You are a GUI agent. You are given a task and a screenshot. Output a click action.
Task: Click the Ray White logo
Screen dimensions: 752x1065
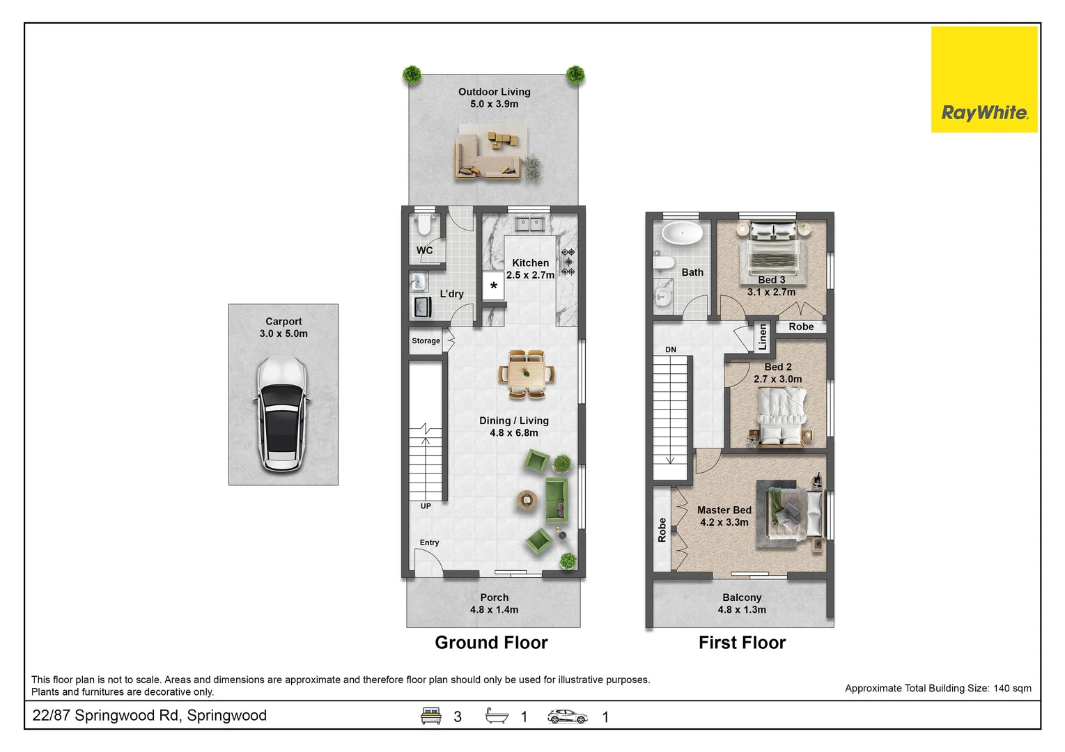click(x=984, y=79)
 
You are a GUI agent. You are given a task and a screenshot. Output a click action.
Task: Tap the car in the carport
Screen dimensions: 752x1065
click(x=282, y=414)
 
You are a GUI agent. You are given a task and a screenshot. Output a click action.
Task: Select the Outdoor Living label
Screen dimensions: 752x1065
click(x=494, y=91)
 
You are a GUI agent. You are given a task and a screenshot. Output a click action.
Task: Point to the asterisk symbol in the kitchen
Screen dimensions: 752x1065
click(x=493, y=286)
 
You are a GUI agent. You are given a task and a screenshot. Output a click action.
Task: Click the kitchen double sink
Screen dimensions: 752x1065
click(x=529, y=224)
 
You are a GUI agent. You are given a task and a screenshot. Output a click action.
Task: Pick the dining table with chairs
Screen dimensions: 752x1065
click(x=527, y=374)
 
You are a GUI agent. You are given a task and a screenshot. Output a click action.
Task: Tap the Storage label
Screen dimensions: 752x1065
click(x=426, y=341)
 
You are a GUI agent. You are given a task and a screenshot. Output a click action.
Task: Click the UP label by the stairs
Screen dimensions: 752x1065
click(x=426, y=506)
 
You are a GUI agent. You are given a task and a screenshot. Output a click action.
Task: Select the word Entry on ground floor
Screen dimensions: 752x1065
click(x=429, y=542)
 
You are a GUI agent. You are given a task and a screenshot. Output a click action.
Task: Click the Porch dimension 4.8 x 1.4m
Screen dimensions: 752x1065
click(x=494, y=610)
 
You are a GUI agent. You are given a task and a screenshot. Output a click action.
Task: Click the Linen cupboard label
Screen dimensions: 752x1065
click(x=763, y=337)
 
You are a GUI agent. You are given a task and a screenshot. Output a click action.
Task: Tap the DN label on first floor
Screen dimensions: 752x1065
click(x=670, y=350)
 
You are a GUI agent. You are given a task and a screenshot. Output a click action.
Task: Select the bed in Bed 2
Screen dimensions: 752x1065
click(x=782, y=416)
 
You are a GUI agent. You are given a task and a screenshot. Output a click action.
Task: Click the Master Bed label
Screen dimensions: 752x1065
click(x=724, y=510)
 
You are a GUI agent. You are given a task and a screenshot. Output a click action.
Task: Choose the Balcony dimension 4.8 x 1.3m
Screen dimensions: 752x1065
click(x=742, y=610)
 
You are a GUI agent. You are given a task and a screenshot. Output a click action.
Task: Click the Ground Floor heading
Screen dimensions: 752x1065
click(x=491, y=643)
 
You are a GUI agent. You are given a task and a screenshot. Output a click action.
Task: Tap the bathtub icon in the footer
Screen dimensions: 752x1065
click(x=497, y=716)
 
